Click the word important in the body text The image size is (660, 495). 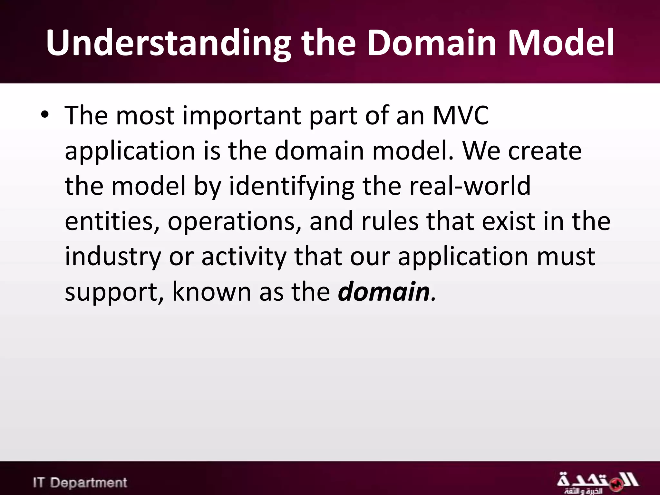(x=242, y=116)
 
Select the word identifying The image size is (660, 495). (x=292, y=187)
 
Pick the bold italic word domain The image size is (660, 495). (x=383, y=292)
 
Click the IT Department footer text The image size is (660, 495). (x=80, y=482)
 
